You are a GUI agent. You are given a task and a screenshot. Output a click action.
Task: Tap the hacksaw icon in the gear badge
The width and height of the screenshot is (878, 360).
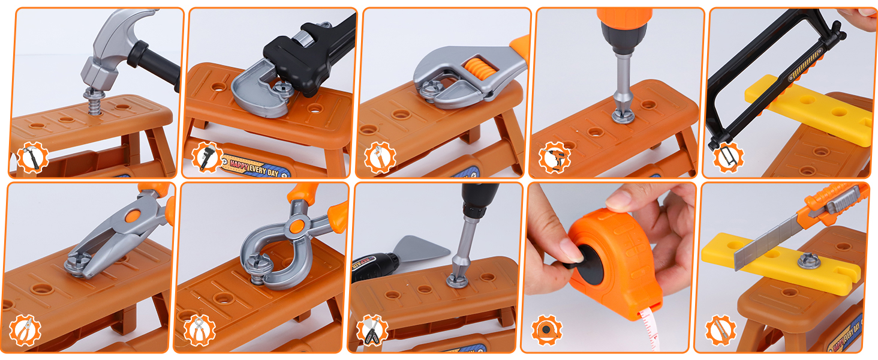pos(728,158)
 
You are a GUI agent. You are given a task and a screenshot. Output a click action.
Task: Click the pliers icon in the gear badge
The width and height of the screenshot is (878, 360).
pos(25,331)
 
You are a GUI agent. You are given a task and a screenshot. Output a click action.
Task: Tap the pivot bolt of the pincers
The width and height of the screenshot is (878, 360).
pos(296,227)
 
